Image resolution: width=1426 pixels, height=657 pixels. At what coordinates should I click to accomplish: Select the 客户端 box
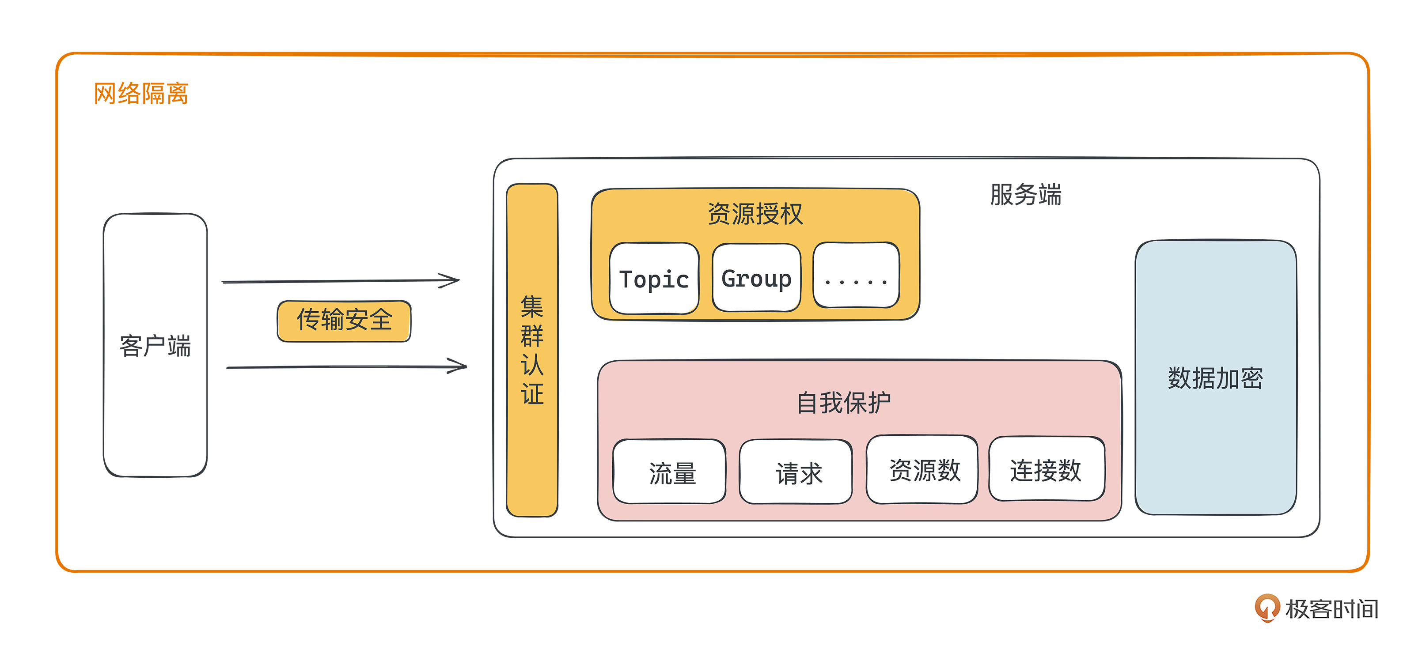pyautogui.click(x=155, y=345)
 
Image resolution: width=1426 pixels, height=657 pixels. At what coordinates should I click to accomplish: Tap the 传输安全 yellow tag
pyautogui.click(x=344, y=321)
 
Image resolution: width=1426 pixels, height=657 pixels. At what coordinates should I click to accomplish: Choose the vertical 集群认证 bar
pyautogui.click(x=532, y=350)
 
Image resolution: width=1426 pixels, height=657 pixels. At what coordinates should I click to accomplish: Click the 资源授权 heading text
pyautogui.click(x=755, y=214)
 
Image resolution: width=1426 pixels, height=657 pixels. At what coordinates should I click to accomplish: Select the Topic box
pyautogui.click(x=654, y=279)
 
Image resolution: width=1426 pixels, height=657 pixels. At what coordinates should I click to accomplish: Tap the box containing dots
pyautogui.click(x=856, y=276)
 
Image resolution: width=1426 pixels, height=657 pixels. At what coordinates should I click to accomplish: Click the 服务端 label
pyautogui.click(x=1025, y=195)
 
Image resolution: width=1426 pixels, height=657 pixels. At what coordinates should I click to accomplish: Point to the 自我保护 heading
pyautogui.click(x=843, y=402)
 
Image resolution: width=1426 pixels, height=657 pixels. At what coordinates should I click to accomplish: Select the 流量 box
pyautogui.click(x=670, y=472)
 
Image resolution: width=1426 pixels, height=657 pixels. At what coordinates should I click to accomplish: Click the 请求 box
pyautogui.click(x=796, y=472)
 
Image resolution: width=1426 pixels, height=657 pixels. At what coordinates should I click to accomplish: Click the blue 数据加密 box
pyautogui.click(x=1216, y=378)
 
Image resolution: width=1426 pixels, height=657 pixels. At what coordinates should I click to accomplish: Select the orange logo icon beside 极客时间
pyautogui.click(x=1267, y=608)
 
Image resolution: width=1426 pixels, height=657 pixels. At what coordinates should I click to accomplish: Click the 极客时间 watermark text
pyautogui.click(x=1331, y=609)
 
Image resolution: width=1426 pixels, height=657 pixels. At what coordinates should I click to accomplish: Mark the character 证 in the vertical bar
pyautogui.click(x=532, y=394)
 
